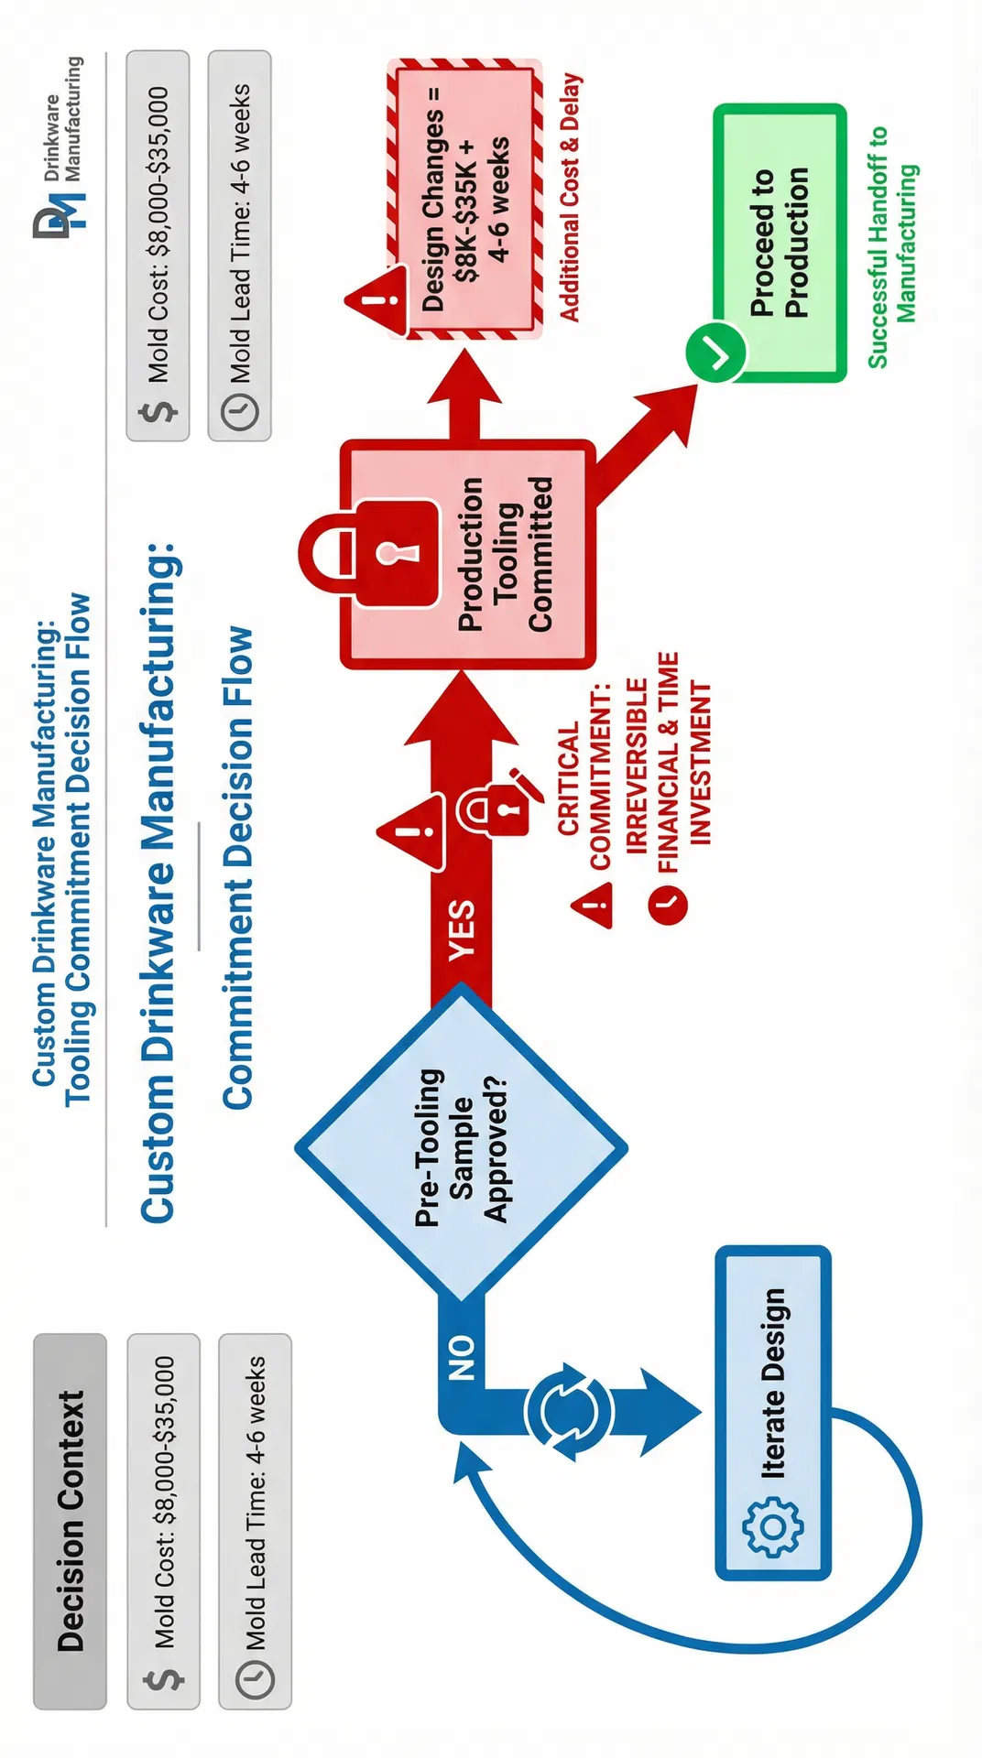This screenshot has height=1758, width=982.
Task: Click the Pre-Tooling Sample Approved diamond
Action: point(461,1145)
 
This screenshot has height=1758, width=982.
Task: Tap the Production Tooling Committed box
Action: point(467,554)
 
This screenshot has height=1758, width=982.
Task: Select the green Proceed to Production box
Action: point(779,243)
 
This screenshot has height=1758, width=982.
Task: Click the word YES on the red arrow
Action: point(462,929)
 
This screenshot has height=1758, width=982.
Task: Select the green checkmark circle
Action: point(716,352)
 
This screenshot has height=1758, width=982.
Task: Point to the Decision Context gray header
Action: point(71,1521)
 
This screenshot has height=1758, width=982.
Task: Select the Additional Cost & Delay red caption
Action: point(570,198)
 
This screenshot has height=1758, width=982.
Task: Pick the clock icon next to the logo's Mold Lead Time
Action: point(240,411)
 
